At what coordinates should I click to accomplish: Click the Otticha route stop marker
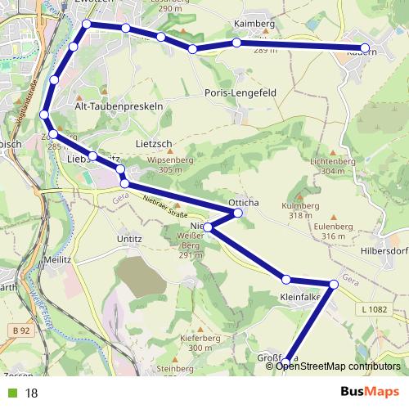click(x=239, y=213)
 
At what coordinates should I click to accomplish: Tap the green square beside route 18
click(x=11, y=393)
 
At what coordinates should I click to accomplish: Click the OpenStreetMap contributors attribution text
click(x=337, y=366)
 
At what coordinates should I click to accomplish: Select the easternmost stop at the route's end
click(x=365, y=48)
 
